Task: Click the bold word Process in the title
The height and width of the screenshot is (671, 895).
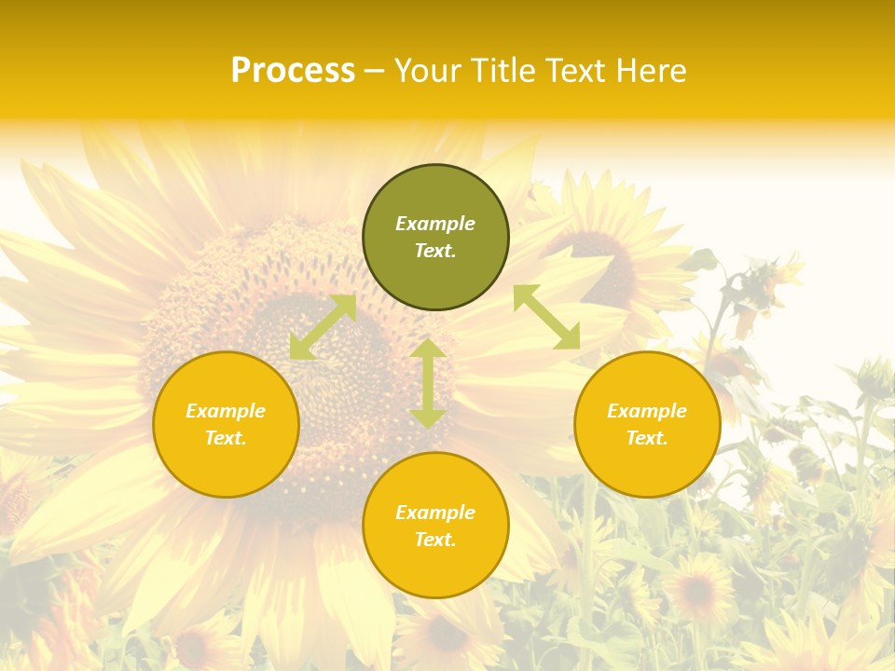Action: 293,71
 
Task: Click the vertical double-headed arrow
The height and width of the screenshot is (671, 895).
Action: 427,383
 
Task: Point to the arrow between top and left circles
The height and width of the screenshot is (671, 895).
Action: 323,327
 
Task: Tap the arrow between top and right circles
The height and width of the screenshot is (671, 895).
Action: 546,317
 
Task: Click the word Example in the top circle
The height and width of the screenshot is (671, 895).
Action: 435,224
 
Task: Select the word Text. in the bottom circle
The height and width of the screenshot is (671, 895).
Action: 435,540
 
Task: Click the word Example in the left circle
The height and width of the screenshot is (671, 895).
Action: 226,411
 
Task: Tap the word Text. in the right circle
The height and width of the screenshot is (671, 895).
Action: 647,438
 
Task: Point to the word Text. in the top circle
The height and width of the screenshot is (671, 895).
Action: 435,251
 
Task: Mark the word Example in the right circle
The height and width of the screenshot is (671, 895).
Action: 647,411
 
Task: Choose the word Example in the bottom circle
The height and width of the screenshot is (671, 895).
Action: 435,513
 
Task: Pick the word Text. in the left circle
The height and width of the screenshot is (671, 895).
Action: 226,438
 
